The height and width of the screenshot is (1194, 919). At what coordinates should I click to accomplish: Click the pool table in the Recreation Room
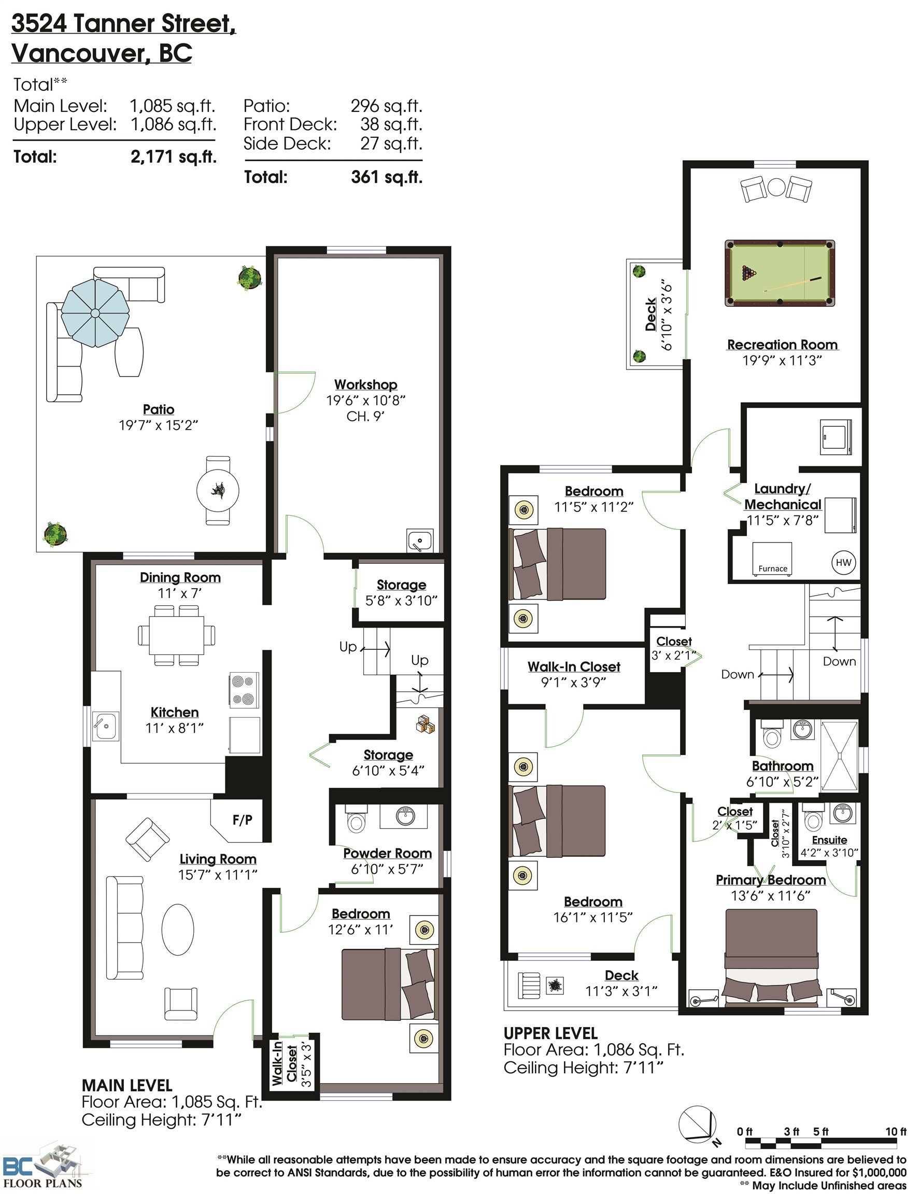(779, 273)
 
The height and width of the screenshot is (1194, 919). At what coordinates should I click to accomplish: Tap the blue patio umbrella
(95, 312)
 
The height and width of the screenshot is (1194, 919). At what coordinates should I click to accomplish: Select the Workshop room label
(365, 385)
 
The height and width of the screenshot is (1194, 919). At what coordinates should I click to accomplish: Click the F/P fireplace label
(242, 819)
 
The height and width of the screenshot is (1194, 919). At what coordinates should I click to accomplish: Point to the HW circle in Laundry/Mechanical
(843, 563)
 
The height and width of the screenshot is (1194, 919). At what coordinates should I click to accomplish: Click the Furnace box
(771, 559)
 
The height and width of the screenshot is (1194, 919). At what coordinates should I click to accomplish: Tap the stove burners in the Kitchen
(243, 690)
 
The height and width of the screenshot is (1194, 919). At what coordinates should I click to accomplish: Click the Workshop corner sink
(419, 541)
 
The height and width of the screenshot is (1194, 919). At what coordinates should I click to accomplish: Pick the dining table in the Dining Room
(177, 635)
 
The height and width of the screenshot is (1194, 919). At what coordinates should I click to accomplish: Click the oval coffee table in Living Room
(178, 929)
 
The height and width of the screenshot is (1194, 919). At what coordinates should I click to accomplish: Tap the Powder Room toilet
(357, 822)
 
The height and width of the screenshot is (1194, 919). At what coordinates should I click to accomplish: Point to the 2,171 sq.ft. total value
(173, 157)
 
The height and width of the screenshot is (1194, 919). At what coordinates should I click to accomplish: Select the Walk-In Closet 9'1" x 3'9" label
(573, 674)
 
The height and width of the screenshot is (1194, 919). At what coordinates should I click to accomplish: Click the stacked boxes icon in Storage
(426, 724)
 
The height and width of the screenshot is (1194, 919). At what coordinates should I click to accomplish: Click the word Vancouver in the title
(78, 53)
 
